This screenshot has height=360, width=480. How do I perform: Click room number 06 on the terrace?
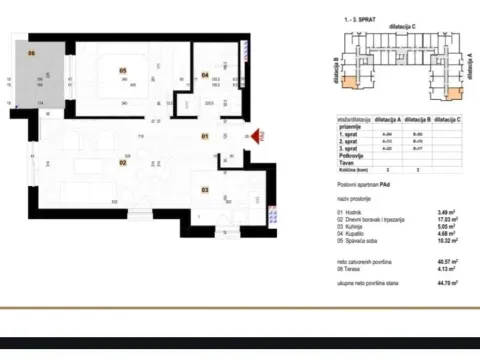tap(32, 52)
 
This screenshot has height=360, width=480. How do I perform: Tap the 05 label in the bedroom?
tap(123, 70)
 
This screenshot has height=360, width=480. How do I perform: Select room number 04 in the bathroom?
tap(205, 74)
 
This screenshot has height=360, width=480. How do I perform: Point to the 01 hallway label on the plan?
tap(204, 135)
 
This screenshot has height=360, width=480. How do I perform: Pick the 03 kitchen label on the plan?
tap(205, 187)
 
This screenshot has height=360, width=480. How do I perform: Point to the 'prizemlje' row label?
tap(350, 127)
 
